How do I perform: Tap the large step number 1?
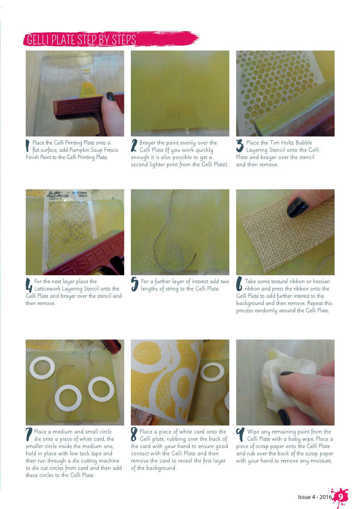[28, 146]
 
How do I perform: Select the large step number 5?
[134, 284]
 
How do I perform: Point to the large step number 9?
[240, 434]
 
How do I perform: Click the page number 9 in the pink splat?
[340, 497]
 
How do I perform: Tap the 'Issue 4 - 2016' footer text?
[315, 497]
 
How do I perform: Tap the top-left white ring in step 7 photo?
[42, 368]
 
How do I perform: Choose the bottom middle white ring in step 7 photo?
[68, 398]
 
